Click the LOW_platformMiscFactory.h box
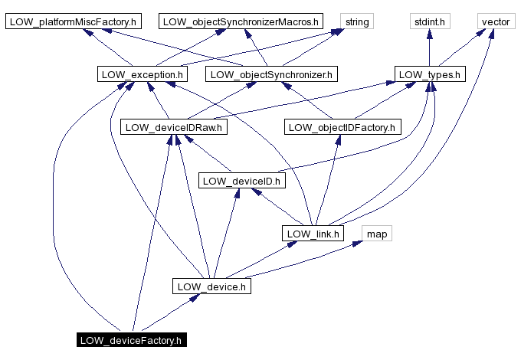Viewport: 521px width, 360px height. point(73,21)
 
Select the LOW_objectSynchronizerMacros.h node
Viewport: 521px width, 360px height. point(241,21)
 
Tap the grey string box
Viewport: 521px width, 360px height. point(357,21)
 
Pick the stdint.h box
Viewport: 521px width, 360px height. point(429,21)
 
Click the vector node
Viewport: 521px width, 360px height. point(495,21)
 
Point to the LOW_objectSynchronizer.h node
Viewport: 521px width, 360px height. point(271,74)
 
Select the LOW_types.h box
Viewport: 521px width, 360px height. point(430,74)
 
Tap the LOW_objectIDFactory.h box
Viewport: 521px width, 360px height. point(342,127)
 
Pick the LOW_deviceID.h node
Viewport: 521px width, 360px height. point(241,180)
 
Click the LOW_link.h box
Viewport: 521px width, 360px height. point(312,233)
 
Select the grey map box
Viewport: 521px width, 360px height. point(376,233)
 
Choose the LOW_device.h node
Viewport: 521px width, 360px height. point(211,286)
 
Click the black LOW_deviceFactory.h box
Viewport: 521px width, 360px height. point(131,339)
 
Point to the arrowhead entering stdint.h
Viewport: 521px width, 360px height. point(429,34)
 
